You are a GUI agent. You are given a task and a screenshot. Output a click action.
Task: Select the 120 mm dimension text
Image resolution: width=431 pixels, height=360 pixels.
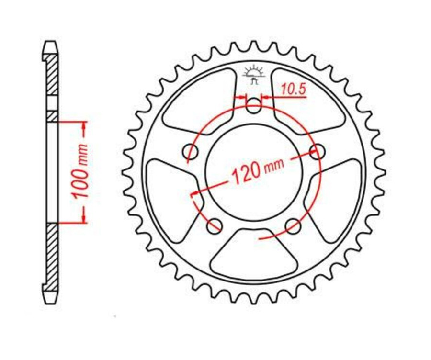(x=257, y=170)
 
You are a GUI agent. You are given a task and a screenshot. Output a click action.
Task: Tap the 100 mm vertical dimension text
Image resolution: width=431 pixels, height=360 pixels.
(x=80, y=171)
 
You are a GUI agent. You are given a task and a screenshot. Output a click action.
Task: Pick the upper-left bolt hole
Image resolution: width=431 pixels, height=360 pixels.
(x=192, y=152)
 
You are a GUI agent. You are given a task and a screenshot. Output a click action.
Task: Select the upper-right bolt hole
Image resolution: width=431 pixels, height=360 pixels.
(x=317, y=152)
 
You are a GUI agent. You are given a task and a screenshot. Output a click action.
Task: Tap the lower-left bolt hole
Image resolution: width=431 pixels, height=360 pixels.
(x=215, y=225)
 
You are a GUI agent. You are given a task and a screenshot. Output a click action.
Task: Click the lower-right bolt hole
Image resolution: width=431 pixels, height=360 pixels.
(x=292, y=225)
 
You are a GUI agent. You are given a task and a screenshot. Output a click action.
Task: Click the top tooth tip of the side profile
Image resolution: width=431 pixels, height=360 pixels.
(x=51, y=46)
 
